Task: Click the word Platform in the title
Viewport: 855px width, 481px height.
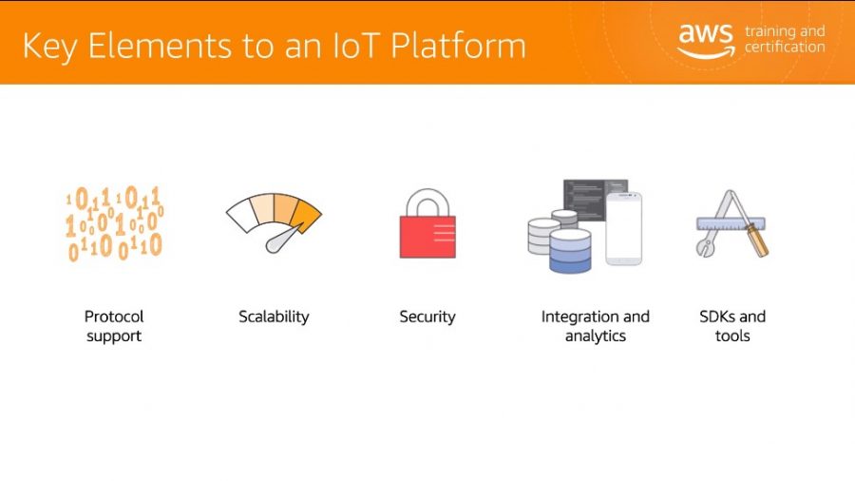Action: tap(458, 46)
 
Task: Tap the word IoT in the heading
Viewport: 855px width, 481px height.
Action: tap(355, 46)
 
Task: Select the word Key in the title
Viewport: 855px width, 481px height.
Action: tap(49, 47)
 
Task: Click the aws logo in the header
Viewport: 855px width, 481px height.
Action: tap(706, 40)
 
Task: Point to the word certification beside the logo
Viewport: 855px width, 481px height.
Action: tap(785, 48)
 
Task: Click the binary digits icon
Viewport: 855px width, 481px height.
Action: tap(114, 223)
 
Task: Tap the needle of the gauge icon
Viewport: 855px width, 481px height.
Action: tap(283, 240)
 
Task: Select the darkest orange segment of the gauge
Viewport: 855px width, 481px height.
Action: tap(306, 215)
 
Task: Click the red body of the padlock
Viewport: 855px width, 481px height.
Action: tap(427, 238)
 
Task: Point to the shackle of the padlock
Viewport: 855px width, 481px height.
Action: tap(427, 202)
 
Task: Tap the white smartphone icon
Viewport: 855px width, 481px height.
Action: tap(624, 229)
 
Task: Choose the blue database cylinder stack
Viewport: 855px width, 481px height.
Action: tap(570, 251)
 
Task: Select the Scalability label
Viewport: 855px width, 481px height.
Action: tap(274, 317)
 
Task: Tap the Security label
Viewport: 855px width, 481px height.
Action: tap(427, 317)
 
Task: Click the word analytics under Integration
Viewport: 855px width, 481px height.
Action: tap(596, 337)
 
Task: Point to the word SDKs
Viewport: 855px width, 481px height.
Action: tap(717, 317)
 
